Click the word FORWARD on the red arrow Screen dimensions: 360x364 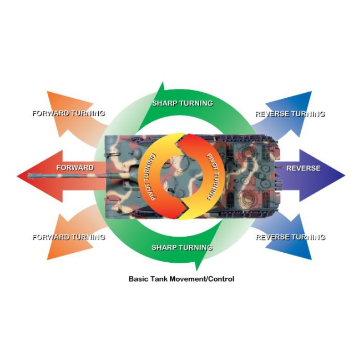[x=75, y=167]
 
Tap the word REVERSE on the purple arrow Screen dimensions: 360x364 [x=303, y=168]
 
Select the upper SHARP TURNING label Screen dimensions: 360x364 [x=182, y=103]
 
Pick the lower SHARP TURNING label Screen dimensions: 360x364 [x=182, y=247]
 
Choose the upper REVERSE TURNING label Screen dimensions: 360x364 [x=290, y=114]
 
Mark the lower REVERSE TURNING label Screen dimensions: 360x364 [x=290, y=237]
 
